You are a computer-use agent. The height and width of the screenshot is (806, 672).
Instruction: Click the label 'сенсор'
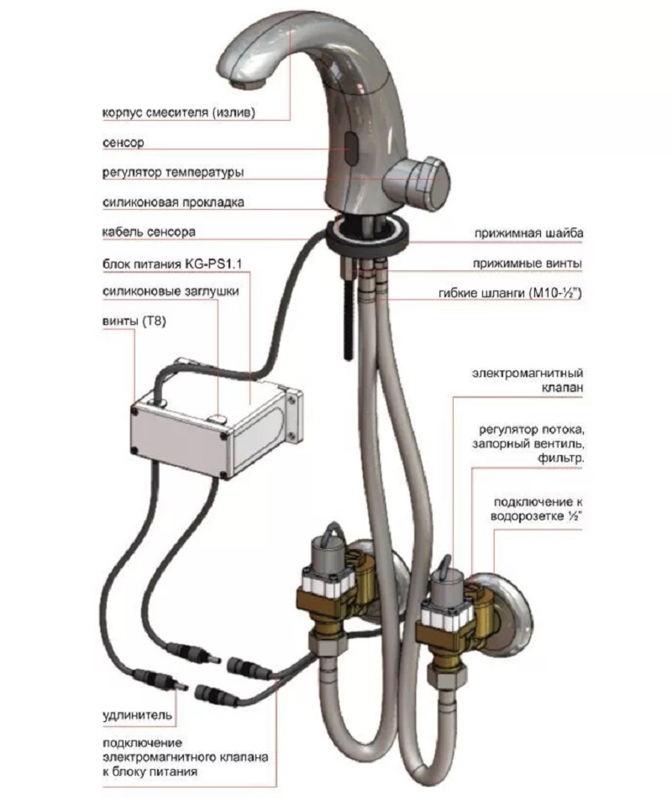coord(123,143)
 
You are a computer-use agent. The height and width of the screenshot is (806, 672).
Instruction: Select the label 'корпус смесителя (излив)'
coord(178,113)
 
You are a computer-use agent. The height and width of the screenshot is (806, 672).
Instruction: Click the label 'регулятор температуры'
coord(173,172)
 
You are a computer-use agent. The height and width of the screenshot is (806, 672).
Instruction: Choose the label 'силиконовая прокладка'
coord(173,202)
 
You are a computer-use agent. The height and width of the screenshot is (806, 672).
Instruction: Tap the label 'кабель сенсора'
coord(150,232)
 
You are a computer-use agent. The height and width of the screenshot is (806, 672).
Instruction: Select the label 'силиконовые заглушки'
coord(171,291)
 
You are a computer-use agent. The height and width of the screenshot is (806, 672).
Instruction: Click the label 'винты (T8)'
coord(134,322)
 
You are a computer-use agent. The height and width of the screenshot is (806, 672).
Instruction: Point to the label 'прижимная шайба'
coord(528,233)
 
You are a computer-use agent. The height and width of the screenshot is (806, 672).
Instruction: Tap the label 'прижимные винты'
coord(528,264)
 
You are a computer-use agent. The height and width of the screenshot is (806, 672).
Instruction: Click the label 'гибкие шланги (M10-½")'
coord(510,293)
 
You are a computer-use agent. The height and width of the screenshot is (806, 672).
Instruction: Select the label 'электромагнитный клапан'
coord(528,379)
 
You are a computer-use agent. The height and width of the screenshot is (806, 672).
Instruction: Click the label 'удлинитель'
coord(137,715)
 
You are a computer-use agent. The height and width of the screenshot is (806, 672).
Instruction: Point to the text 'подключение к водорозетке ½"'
coord(537,509)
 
